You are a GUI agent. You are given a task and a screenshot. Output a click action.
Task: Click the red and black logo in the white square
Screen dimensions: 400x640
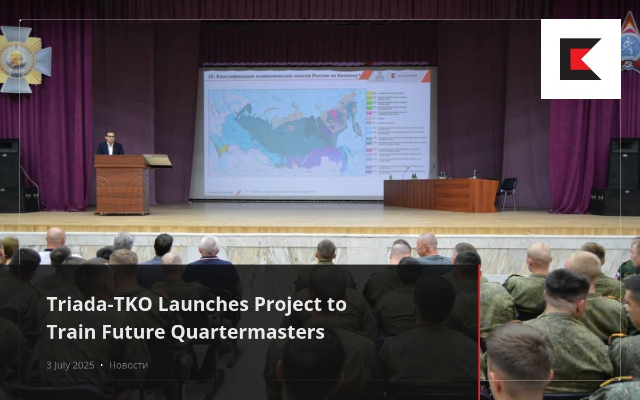click(x=580, y=59)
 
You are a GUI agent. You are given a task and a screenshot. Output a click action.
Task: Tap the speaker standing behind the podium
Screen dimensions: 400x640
click(x=110, y=143)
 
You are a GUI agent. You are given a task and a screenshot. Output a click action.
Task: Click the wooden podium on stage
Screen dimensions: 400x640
click(x=122, y=184)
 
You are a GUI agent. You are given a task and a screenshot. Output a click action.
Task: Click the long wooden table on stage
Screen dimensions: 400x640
click(x=441, y=195)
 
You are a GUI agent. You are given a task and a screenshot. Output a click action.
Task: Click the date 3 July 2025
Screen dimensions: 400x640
click(x=70, y=365)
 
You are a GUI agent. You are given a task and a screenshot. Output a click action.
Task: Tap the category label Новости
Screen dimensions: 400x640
click(x=129, y=365)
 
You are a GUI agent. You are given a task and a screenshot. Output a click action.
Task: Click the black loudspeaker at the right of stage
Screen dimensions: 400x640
click(x=623, y=176)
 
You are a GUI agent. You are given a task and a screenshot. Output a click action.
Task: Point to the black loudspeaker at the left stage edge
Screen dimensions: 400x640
click(x=10, y=176)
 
